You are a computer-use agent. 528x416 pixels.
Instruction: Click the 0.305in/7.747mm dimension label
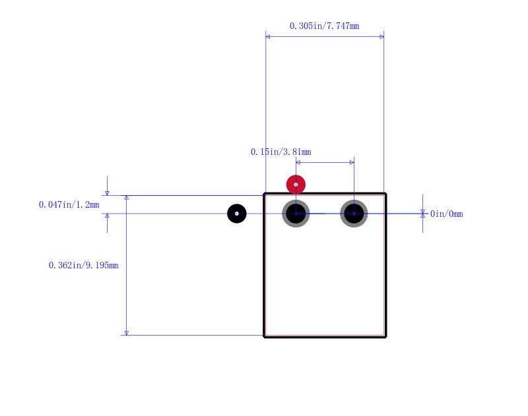[324, 26]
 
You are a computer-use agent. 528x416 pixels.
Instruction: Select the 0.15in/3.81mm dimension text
[281, 152]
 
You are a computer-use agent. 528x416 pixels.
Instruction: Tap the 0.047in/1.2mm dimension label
[69, 204]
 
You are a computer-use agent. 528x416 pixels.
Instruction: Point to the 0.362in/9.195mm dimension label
[84, 265]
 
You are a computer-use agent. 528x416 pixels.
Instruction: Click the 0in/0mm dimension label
[447, 214]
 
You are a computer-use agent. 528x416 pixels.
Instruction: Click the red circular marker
[296, 185]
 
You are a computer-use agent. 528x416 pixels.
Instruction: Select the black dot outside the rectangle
[237, 214]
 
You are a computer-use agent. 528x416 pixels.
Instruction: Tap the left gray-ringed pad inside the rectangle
[296, 214]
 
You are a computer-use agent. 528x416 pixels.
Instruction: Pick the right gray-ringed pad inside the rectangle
[354, 214]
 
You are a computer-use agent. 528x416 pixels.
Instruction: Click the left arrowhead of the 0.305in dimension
[268, 37]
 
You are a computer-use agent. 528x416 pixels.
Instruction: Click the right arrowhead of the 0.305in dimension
[382, 37]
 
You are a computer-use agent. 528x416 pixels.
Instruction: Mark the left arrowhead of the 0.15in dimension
[298, 162]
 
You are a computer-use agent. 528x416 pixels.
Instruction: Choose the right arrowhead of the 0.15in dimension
[352, 162]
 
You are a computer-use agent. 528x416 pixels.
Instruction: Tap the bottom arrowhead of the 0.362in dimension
[127, 333]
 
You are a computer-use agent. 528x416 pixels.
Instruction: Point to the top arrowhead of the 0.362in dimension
[127, 198]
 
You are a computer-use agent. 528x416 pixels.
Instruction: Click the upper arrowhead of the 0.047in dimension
[107, 193]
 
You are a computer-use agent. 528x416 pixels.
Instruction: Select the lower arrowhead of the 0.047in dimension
[107, 216]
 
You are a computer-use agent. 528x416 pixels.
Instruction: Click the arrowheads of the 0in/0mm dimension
[422, 214]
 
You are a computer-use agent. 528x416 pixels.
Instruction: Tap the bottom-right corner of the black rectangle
[385, 337]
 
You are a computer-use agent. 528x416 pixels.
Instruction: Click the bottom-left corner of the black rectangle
[264, 337]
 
